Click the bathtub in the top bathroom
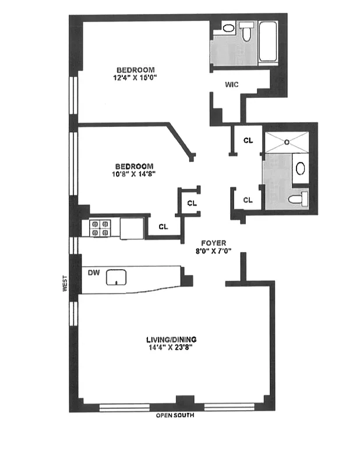[x=269, y=42]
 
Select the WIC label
[x=232, y=84]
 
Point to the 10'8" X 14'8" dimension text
[x=135, y=173]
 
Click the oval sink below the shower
[x=301, y=169]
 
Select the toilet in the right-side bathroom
[x=299, y=199]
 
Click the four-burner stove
[x=100, y=227]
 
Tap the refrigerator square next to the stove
[x=131, y=228]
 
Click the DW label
[x=92, y=272]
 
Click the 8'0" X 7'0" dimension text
[x=214, y=252]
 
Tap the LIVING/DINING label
[x=172, y=339]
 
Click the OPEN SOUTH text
[x=175, y=416]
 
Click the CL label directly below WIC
[x=248, y=140]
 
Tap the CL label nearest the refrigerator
[x=163, y=227]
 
